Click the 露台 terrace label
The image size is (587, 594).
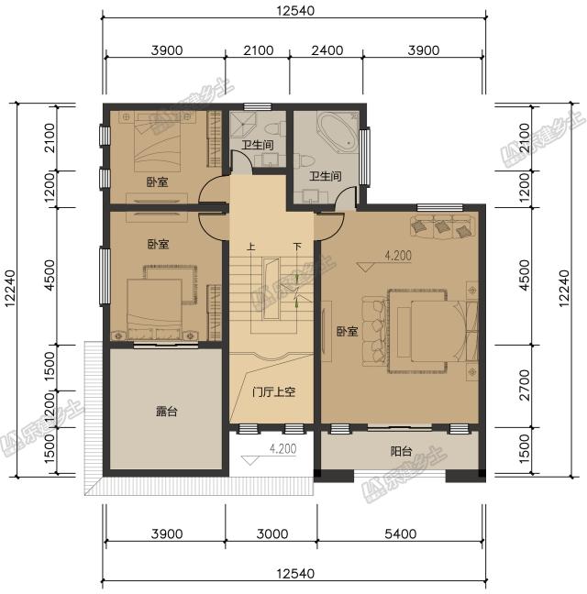click(x=166, y=412)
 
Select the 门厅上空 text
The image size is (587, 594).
click(x=272, y=391)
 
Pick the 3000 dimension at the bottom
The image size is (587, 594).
click(x=271, y=533)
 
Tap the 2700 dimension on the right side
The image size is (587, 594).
click(x=524, y=386)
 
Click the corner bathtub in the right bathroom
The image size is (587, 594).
click(x=336, y=131)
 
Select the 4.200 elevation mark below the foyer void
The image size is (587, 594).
click(x=282, y=448)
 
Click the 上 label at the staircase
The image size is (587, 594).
click(x=250, y=247)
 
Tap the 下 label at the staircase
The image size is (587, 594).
click(x=297, y=247)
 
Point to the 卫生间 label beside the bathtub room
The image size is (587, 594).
click(x=326, y=176)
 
